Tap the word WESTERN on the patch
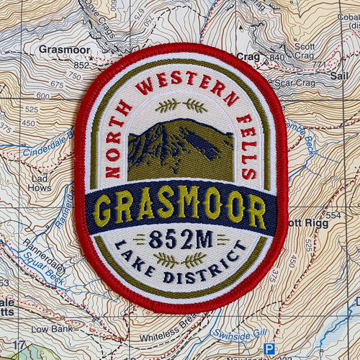coord(180,84)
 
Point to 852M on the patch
coord(181,240)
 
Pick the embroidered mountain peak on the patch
coord(180,144)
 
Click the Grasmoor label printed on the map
coord(64,50)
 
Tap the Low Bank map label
coord(48,328)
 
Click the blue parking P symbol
coord(269,348)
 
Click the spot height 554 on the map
coord(333,215)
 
